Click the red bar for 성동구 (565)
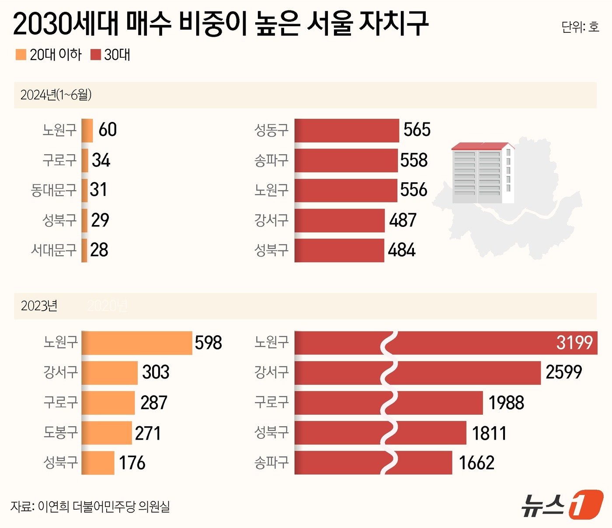coord(347,130)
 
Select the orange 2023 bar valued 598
coord(137,343)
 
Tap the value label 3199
coord(574,343)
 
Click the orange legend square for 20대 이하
coord(21,55)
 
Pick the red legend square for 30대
coord(95,55)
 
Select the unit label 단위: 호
coord(580,27)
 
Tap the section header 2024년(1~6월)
coord(56,95)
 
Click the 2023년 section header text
coord(39,306)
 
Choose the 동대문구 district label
coord(54,190)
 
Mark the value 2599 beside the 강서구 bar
coord(563,372)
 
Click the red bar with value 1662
coord(373,462)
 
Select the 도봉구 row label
coord(60,432)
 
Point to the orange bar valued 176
coord(98,462)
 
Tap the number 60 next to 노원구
coord(108,130)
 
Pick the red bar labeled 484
coord(339,250)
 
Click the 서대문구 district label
coord(54,250)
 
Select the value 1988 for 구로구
coord(506,403)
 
